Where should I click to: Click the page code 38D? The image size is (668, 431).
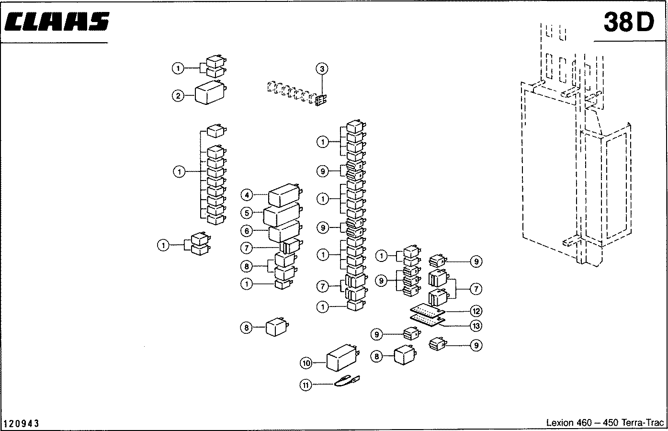point(628,22)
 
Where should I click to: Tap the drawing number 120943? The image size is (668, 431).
point(22,424)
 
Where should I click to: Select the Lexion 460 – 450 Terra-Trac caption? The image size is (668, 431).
point(605,423)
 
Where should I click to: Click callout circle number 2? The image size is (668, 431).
point(178,96)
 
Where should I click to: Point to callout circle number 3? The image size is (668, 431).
point(322,69)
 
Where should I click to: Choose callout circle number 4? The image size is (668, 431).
point(246,195)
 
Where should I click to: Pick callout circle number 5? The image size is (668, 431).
point(246,213)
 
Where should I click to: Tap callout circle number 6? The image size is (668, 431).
point(246,231)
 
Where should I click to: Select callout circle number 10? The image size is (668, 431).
point(306,363)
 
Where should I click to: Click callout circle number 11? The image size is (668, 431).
point(306,384)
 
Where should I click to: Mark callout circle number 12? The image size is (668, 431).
point(476,311)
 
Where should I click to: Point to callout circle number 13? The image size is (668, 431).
point(476,326)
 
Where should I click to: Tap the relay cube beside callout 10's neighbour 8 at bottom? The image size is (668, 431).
point(405,356)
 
